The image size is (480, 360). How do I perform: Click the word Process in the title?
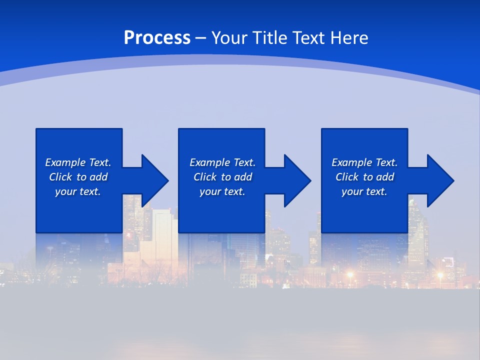pos(157,38)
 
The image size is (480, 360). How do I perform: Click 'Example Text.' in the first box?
pos(78,162)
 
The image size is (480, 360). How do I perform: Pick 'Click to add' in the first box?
pos(78,177)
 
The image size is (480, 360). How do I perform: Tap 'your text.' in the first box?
pos(78,191)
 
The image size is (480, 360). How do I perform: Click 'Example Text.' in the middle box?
pos(222,162)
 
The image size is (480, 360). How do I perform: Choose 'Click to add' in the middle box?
pos(222,177)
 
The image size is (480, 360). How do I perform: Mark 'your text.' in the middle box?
pos(222,191)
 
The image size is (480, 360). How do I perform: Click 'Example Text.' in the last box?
pos(364,162)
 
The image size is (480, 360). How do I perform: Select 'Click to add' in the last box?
pos(364,177)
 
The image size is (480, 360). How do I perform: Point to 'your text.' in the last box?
pos(364,191)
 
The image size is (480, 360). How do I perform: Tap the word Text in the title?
pos(308,38)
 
